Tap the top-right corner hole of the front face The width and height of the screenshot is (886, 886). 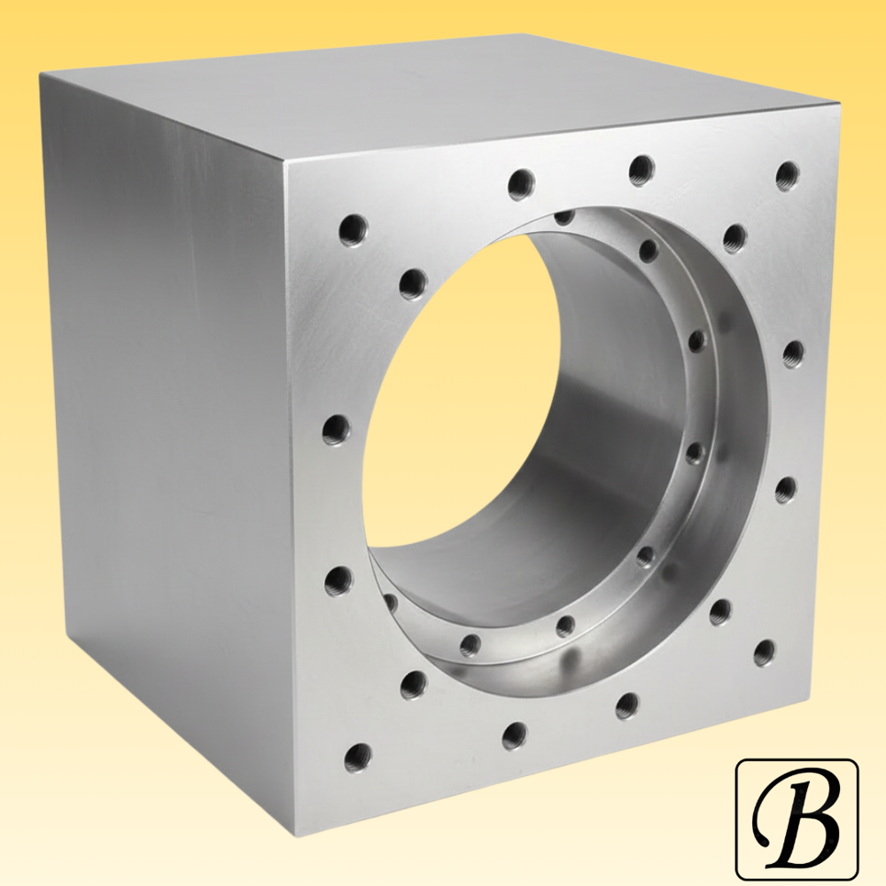coord(787,175)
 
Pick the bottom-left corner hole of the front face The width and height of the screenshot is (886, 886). coord(357,755)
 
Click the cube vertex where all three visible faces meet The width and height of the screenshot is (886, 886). coord(285,163)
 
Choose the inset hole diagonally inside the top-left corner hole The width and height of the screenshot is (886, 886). coord(413,284)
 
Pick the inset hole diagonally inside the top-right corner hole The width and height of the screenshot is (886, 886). coord(734,237)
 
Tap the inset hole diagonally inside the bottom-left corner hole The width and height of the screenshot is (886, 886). coord(412,684)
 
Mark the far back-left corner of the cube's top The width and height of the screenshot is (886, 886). coord(41,76)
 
